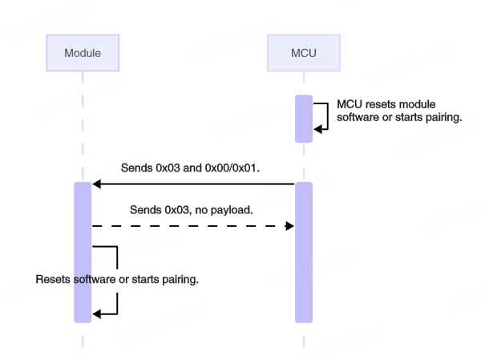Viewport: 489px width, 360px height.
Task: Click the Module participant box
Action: [83, 53]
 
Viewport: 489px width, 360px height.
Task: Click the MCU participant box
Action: [303, 53]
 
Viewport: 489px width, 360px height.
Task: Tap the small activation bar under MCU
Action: [303, 119]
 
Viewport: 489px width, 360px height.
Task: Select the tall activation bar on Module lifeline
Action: [83, 252]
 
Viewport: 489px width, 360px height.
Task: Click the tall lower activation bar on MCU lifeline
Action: [303, 252]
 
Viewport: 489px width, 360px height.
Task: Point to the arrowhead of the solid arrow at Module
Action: [97, 184]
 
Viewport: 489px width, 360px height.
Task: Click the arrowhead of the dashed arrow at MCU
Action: [289, 227]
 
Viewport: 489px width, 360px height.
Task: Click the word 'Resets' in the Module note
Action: [53, 281]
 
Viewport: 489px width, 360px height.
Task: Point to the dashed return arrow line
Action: [192, 227]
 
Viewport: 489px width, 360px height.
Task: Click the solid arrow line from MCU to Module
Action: [192, 184]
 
